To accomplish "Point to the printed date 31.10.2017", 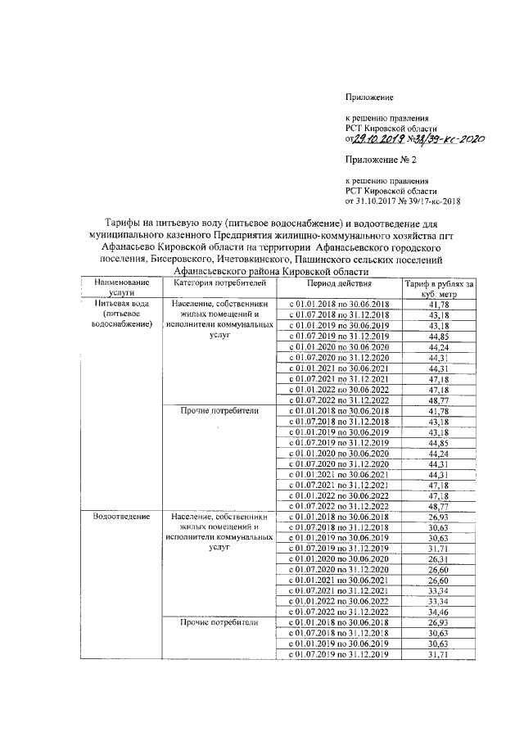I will point(383,200).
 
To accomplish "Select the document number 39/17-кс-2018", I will point(444,200).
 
